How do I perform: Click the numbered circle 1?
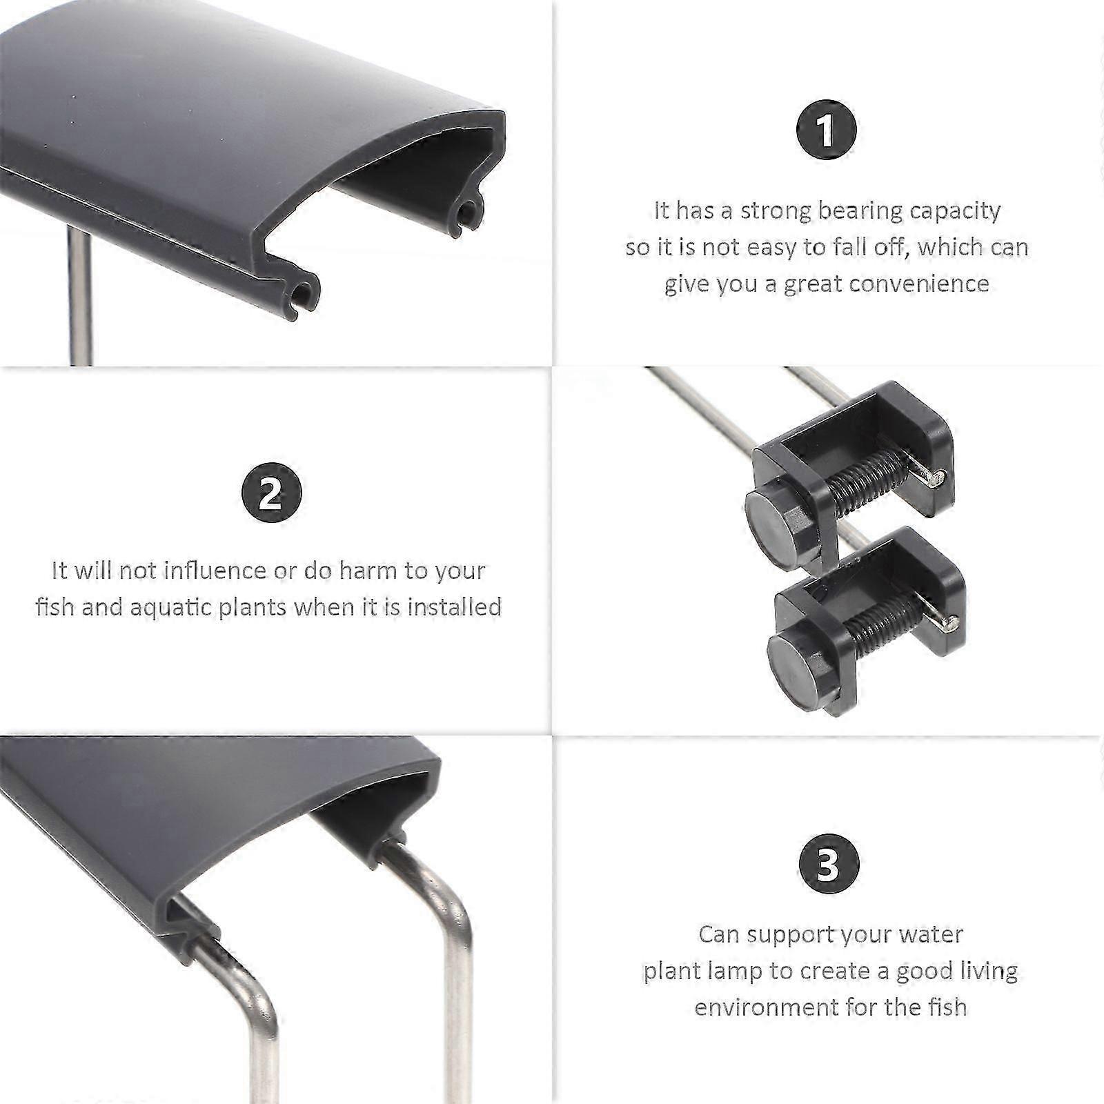point(826,130)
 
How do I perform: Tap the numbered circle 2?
point(271,492)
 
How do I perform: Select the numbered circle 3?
point(829,864)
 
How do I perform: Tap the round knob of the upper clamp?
point(776,523)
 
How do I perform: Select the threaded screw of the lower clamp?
point(887,625)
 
